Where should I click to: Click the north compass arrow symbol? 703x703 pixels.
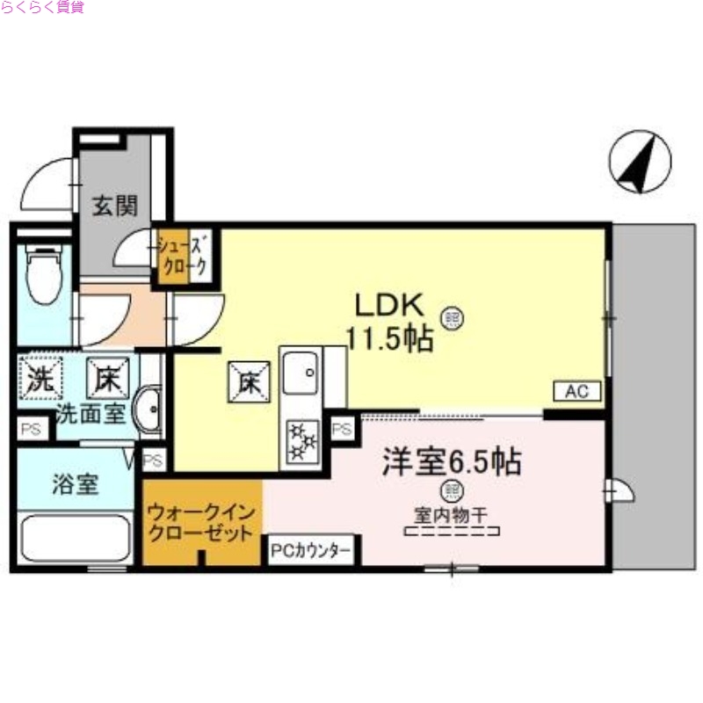(640, 163)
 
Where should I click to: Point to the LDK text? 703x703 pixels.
(390, 305)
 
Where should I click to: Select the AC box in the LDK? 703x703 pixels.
(576, 392)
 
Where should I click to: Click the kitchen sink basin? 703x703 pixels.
(301, 375)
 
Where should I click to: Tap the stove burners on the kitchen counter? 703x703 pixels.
(303, 440)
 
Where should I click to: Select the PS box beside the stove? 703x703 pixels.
(342, 430)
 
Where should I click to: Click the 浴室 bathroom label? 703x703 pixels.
(75, 484)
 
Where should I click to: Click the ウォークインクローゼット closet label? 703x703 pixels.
(202, 522)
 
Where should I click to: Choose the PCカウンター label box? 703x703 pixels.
(311, 551)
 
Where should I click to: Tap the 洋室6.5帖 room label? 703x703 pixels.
(450, 460)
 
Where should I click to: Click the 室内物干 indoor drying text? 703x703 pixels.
(450, 513)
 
